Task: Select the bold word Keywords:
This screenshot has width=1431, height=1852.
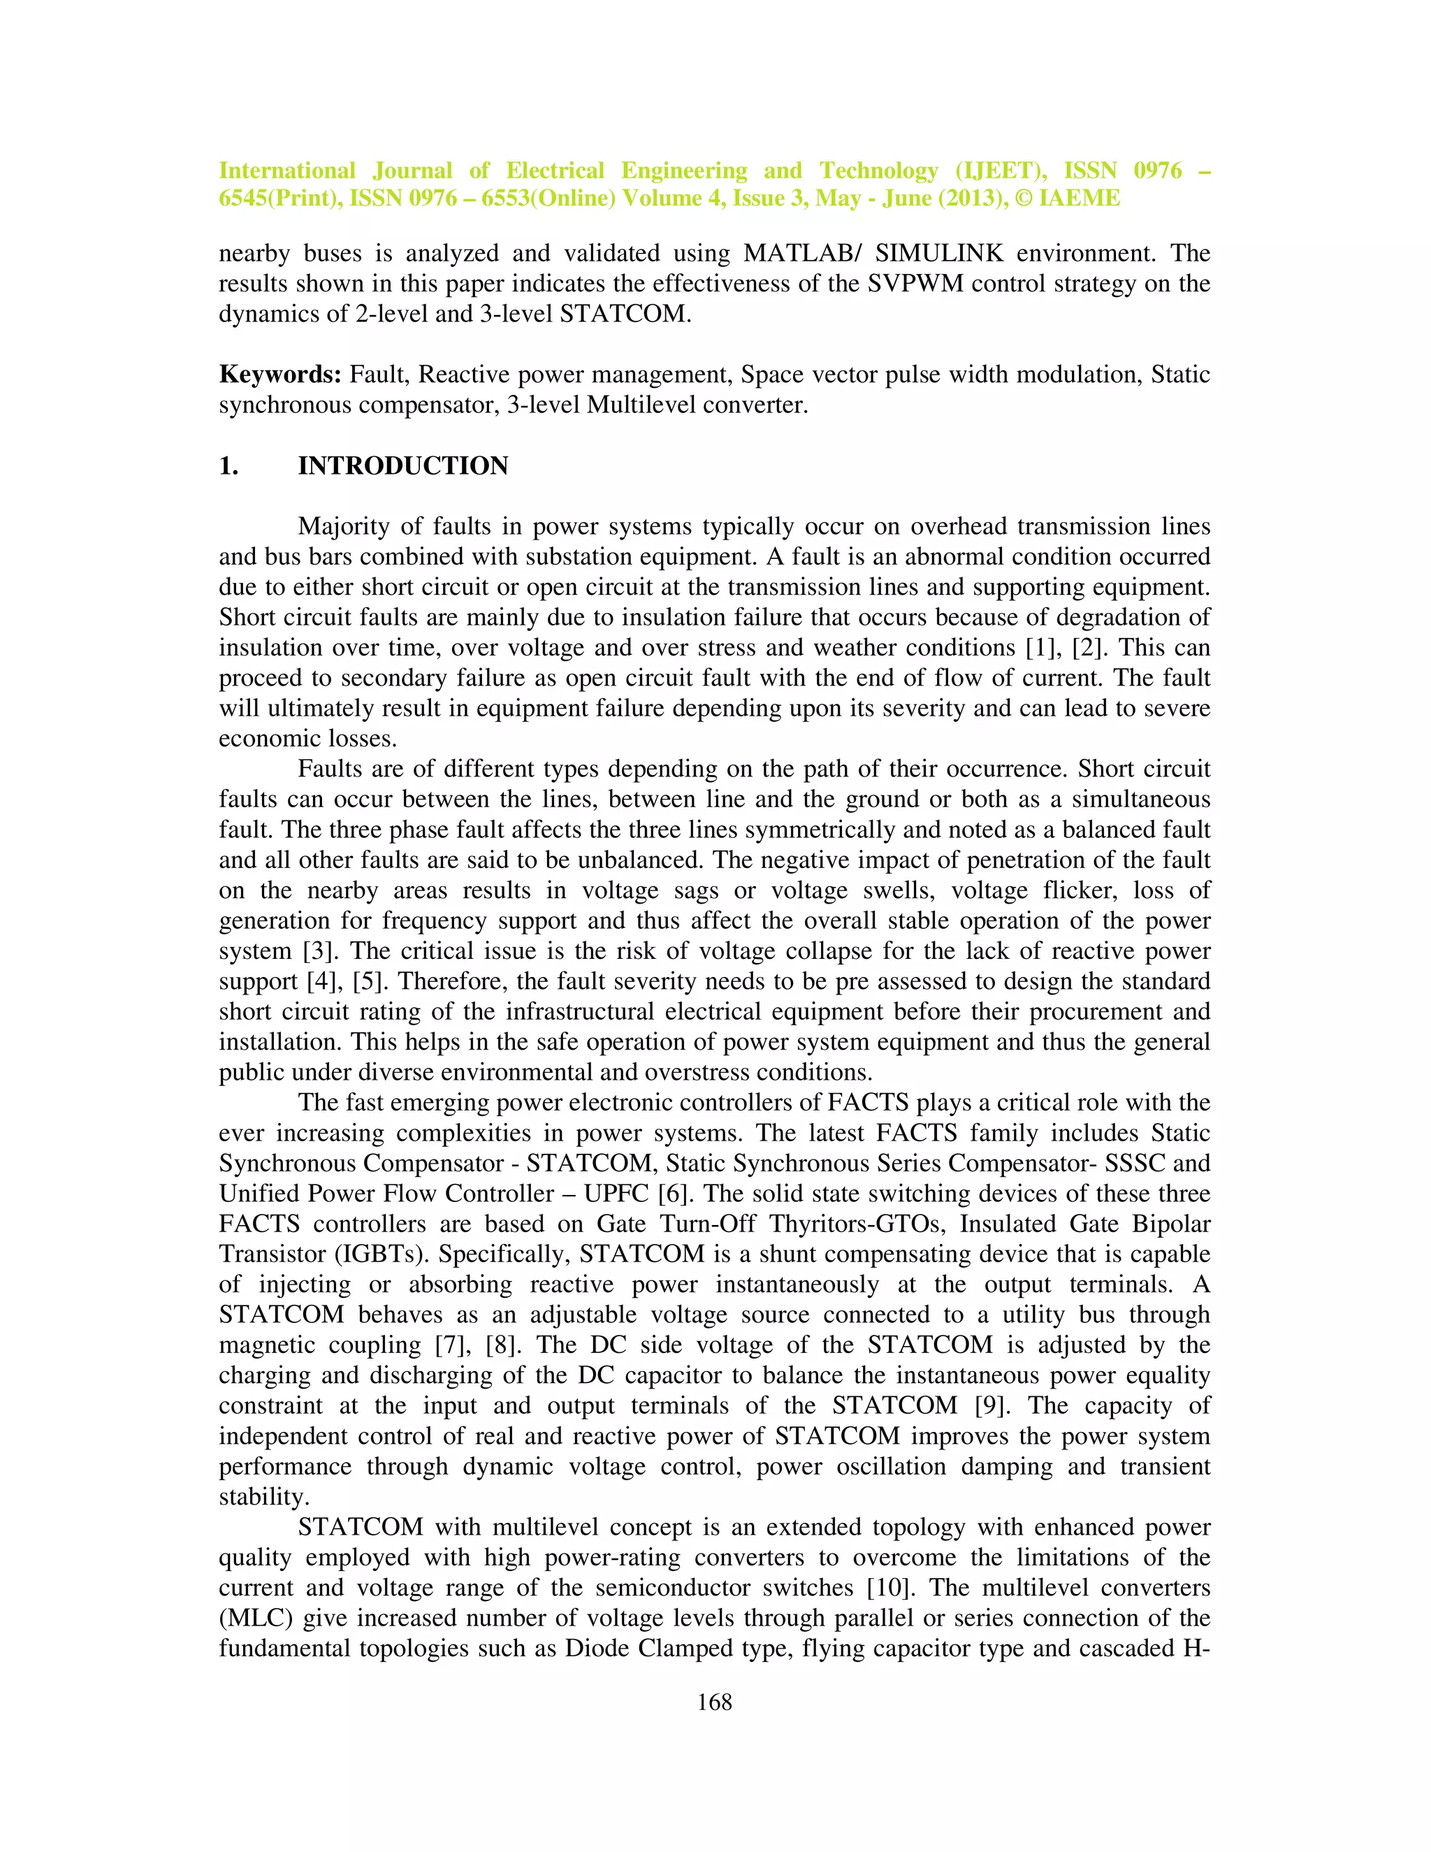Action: (279, 374)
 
